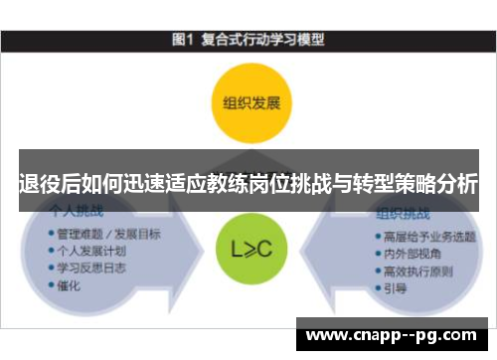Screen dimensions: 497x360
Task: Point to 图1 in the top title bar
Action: (182, 42)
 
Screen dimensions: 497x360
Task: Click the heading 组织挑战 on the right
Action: (403, 214)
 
